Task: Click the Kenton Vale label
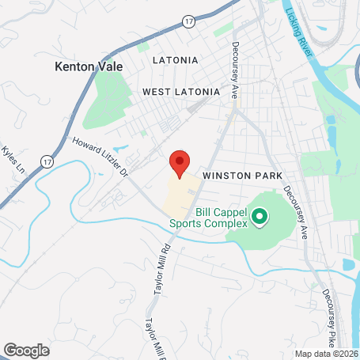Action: [x=89, y=67]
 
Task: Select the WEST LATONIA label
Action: [x=180, y=92]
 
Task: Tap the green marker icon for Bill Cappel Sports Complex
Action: [x=258, y=214]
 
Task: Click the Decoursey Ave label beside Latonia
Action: [x=235, y=70]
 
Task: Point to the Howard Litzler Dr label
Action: [x=100, y=157]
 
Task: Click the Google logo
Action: [x=25, y=350]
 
